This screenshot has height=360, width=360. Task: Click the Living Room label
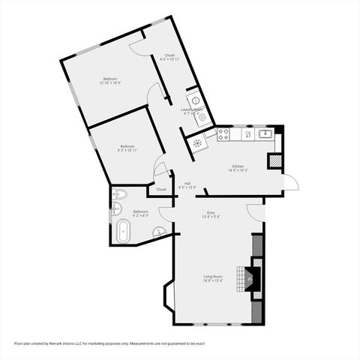point(213,279)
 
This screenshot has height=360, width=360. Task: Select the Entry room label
point(211,215)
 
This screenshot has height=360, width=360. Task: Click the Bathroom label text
point(141,214)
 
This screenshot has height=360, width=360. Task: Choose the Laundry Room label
point(192,112)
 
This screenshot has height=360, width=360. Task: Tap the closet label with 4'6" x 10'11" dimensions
point(170,56)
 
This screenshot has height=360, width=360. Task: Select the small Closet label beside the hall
point(161,190)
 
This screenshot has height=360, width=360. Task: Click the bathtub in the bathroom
point(123,232)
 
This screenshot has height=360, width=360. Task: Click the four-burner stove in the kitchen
point(223,135)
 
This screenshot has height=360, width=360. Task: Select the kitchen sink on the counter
point(265,134)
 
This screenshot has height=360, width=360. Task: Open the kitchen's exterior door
point(291,181)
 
